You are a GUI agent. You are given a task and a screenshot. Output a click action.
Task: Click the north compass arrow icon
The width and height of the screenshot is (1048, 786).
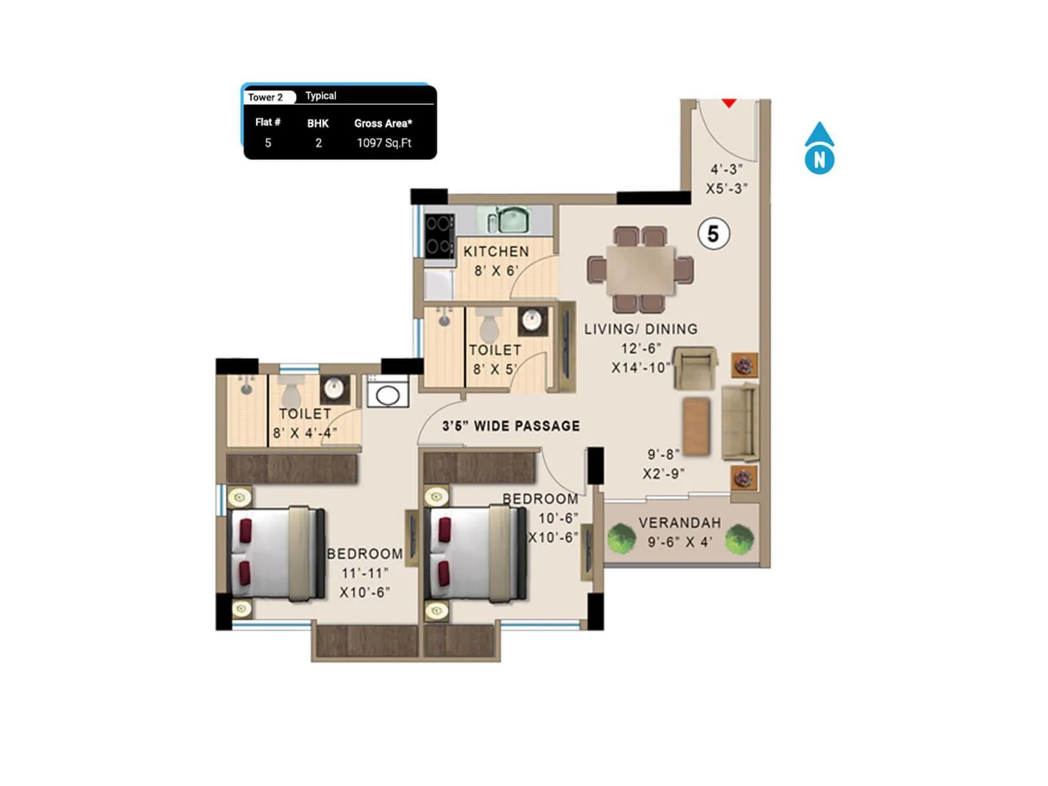pyautogui.click(x=819, y=149)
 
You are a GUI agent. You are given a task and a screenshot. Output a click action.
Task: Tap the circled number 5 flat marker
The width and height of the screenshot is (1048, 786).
pyautogui.click(x=713, y=234)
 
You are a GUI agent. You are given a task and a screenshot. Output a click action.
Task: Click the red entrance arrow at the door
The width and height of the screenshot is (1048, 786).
pyautogui.click(x=729, y=103)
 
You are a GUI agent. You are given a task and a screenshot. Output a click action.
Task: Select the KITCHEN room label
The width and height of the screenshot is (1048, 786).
pyautogui.click(x=496, y=252)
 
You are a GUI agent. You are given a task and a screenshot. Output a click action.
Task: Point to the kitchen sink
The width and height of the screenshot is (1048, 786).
pyautogui.click(x=513, y=220)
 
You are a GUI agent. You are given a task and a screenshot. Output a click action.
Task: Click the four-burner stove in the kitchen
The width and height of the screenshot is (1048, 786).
pyautogui.click(x=438, y=236)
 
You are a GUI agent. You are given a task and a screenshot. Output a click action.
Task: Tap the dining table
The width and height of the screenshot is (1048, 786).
pyautogui.click(x=640, y=270)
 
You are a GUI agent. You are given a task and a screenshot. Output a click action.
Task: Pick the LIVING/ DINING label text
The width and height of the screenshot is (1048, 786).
pyautogui.click(x=641, y=329)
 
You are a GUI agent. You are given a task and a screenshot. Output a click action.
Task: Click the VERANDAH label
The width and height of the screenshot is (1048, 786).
pyautogui.click(x=679, y=523)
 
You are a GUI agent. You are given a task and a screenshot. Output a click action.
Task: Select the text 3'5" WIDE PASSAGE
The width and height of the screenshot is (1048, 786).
pyautogui.click(x=511, y=426)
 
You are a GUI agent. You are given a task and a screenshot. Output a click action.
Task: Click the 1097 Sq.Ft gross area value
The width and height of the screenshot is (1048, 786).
pyautogui.click(x=384, y=143)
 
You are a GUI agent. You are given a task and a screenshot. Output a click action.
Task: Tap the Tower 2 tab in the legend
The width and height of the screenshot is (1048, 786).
pyautogui.click(x=266, y=97)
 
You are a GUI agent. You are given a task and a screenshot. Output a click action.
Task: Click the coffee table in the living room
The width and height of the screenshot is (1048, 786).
pyautogui.click(x=696, y=426)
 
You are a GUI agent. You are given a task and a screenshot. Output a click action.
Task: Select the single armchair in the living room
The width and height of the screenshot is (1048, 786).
pyautogui.click(x=695, y=367)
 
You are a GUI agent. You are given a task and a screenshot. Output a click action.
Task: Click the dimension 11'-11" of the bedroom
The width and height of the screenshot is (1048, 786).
pyautogui.click(x=365, y=573)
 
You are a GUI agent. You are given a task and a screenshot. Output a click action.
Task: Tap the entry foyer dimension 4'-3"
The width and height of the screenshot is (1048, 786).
pyautogui.click(x=726, y=170)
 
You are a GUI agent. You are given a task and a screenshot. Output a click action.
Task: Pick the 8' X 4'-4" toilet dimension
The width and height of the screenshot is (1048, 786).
pyautogui.click(x=305, y=433)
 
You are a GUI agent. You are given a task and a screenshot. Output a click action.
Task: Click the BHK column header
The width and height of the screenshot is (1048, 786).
pyautogui.click(x=318, y=123)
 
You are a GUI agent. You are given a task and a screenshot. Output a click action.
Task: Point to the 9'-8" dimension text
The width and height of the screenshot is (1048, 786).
pyautogui.click(x=663, y=454)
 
